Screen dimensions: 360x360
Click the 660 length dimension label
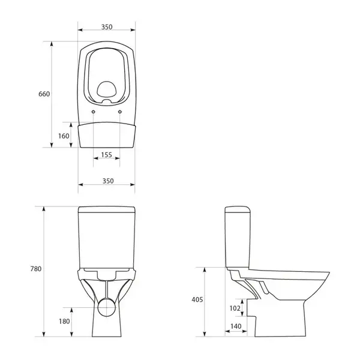coord(44,94)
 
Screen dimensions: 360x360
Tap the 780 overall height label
coord(36,269)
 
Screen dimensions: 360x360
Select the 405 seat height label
coord(197,299)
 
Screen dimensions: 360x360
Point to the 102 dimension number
coord(235,308)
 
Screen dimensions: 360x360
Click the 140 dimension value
coord(236,326)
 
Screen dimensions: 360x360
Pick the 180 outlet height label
coord(64,321)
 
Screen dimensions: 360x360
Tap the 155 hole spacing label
coord(107,155)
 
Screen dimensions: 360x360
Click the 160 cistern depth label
coord(64,136)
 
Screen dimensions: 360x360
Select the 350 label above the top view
coord(107,27)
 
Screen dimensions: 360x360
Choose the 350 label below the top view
coord(108,181)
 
